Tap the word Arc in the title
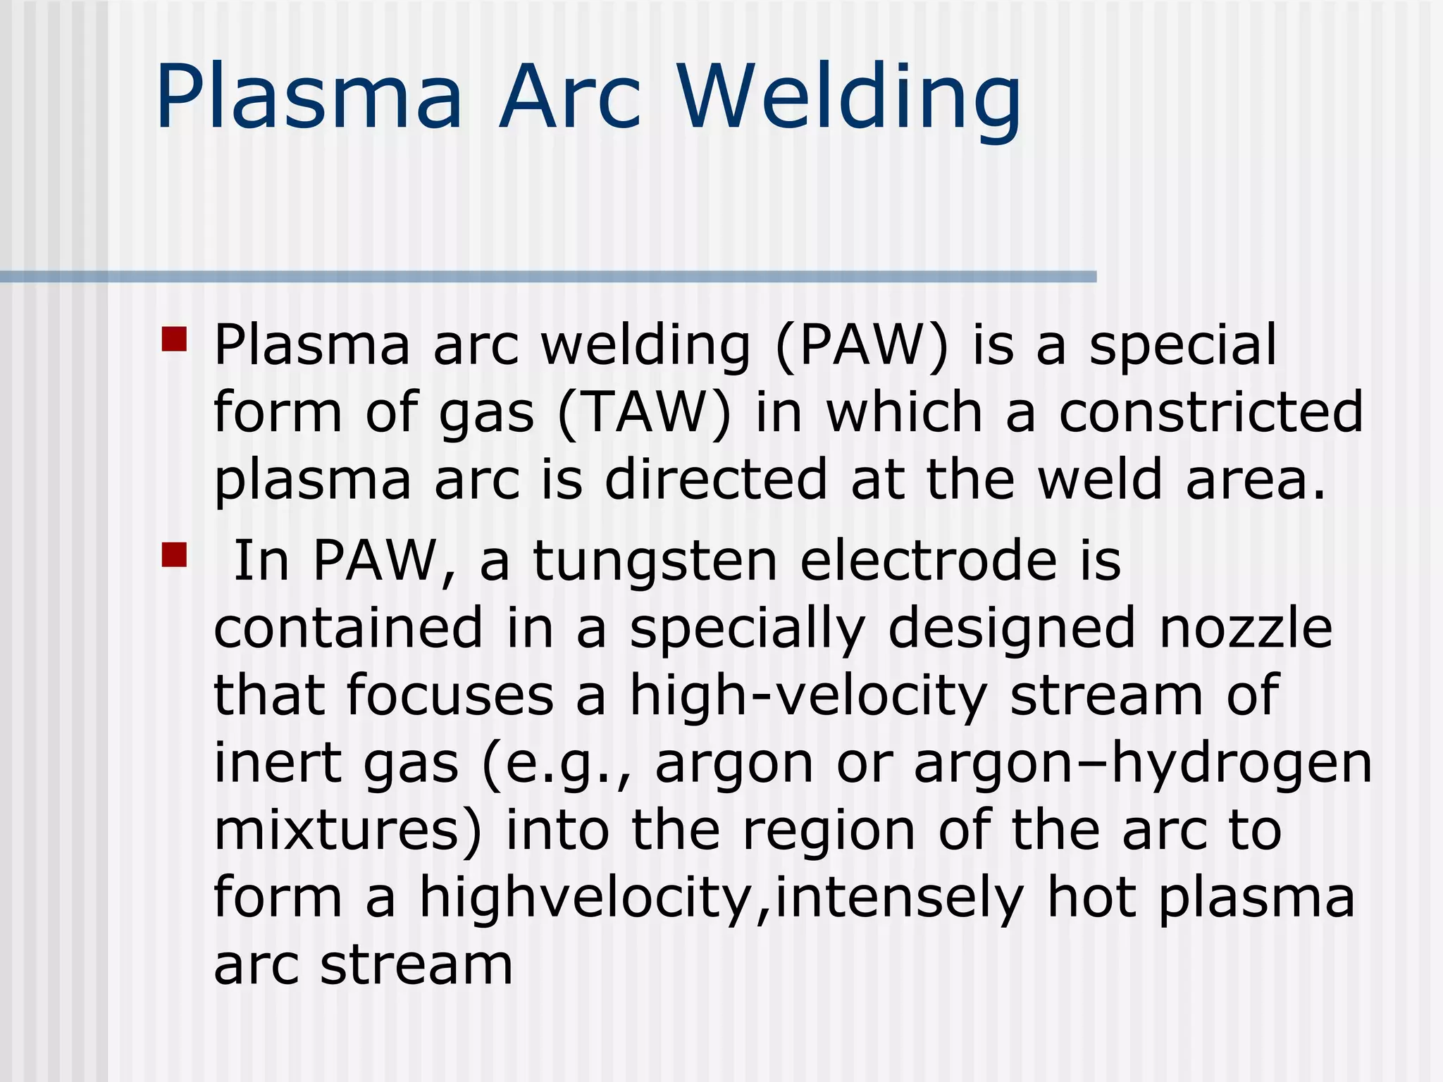pos(569,99)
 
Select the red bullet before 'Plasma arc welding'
pos(174,339)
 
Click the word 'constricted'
pos(1211,412)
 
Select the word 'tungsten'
pos(655,561)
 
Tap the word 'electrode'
pos(929,561)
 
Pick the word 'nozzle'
pos(1245,628)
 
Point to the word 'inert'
pos(278,763)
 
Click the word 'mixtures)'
pos(348,831)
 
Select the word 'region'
pos(828,832)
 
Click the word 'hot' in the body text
pos(1091,897)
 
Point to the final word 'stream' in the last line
pos(416,965)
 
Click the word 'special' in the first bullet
pos(1182,345)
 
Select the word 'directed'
pos(716,480)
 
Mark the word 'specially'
pos(747,629)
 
